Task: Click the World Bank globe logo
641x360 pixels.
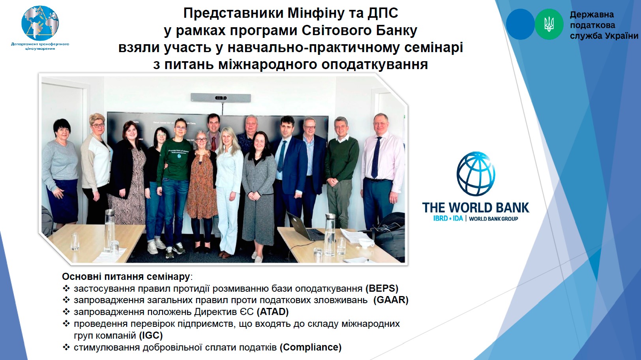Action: click(x=476, y=174)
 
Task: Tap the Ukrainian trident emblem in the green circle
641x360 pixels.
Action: click(x=549, y=24)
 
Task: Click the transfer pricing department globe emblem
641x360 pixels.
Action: click(x=40, y=23)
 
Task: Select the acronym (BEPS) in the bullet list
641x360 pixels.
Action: click(x=382, y=288)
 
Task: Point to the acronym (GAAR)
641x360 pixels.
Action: click(x=391, y=300)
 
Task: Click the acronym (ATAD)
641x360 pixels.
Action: click(x=272, y=311)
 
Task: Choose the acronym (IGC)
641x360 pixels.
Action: click(x=151, y=335)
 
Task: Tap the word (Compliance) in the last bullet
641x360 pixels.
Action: click(x=311, y=347)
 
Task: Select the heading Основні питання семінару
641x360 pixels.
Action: click(x=126, y=276)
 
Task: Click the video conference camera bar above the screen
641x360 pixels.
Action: click(x=221, y=97)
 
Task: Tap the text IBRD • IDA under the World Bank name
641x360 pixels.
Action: click(x=448, y=218)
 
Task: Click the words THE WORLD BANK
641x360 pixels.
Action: click(x=476, y=208)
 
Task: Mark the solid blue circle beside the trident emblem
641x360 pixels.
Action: click(x=520, y=24)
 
